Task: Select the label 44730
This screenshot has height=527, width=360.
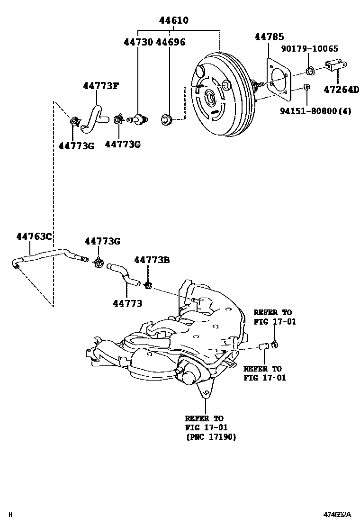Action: coord(138,42)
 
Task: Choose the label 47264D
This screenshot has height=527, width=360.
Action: coord(342,89)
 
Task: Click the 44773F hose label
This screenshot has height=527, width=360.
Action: coord(100,86)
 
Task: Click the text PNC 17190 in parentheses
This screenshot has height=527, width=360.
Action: coord(210,437)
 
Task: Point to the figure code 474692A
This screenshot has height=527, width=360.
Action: coord(337,515)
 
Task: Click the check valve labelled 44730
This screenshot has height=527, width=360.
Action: coord(138,118)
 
